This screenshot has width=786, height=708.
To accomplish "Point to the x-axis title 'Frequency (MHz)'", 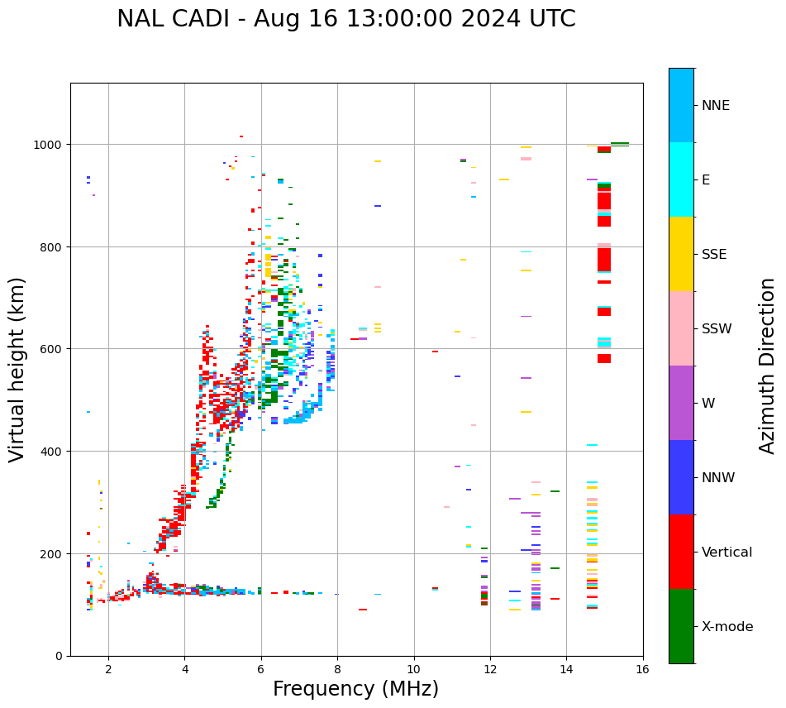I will pos(355,689).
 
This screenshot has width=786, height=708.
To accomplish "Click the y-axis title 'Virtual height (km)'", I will pos(18,369).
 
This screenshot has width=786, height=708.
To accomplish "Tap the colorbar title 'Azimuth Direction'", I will pos(768,366).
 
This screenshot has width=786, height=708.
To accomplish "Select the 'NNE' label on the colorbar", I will pos(716,105).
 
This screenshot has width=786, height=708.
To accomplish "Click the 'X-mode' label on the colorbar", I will pos(727,626).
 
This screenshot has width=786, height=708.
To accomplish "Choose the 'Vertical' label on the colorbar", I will pos(726,552).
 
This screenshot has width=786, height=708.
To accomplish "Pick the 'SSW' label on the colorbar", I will pos(717,328).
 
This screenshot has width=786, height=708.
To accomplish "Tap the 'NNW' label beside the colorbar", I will pos(718,477).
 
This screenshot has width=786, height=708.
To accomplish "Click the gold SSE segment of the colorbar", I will pos(681,254).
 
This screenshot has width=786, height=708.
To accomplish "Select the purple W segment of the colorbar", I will pos(681,403).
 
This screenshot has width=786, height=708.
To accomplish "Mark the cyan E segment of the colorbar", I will pos(681,179).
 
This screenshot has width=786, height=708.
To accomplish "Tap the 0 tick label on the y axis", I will pos(59,656).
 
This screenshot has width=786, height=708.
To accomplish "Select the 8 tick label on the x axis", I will pos(337,670).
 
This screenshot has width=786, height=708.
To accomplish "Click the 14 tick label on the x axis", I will pos(566,670).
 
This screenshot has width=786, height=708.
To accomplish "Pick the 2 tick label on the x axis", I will pos(108,670).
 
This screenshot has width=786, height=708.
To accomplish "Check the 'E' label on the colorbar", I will pos(707,179).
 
